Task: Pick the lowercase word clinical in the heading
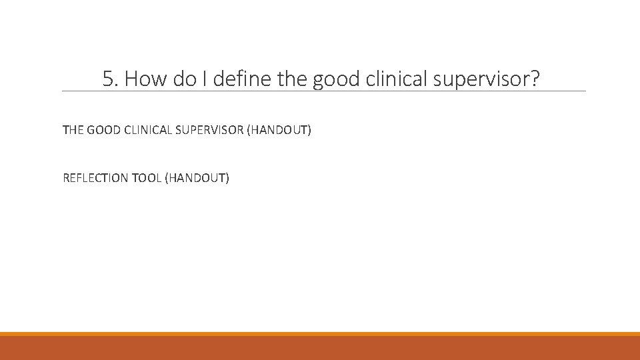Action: (x=397, y=79)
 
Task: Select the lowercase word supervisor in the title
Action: (x=481, y=81)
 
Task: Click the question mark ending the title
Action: (x=535, y=79)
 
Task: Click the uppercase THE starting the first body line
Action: (x=73, y=130)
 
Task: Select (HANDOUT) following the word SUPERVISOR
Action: (x=279, y=130)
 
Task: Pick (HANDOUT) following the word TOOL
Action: (x=197, y=178)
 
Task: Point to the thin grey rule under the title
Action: (x=323, y=91)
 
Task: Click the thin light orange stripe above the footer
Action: (x=320, y=333)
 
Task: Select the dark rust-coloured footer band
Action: (x=320, y=348)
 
